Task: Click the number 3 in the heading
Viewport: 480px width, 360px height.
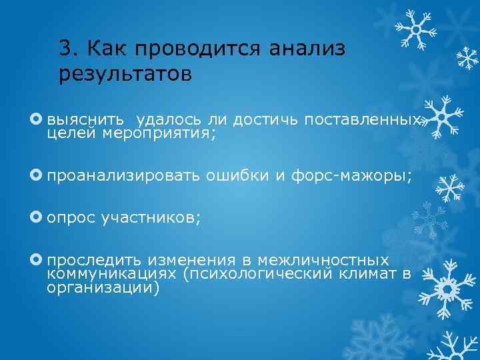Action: (x=65, y=48)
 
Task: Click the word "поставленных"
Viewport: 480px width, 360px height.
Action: (x=363, y=120)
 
